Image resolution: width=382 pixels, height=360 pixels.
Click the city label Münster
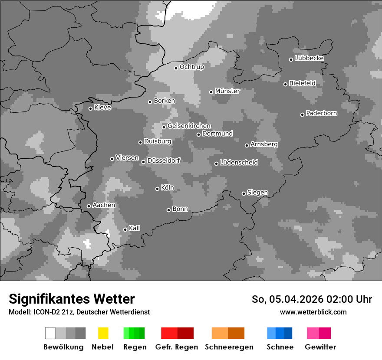click(x=227, y=91)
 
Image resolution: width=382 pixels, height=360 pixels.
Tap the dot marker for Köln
click(x=158, y=189)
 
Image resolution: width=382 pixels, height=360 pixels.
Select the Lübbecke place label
click(x=310, y=58)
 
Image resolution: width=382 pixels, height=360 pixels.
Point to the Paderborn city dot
click(x=303, y=115)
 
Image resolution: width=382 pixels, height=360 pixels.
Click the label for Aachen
click(x=104, y=205)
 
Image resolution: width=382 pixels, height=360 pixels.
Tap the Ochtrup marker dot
click(x=176, y=68)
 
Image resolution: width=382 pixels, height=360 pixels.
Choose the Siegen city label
click(x=257, y=193)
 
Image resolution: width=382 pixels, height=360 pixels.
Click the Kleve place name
click(x=102, y=108)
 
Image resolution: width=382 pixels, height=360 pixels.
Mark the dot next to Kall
click(x=125, y=229)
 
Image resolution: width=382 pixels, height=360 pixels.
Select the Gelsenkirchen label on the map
click(x=189, y=126)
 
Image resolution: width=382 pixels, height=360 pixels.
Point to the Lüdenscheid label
click(x=239, y=163)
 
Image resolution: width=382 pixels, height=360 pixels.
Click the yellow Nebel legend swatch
click(x=103, y=333)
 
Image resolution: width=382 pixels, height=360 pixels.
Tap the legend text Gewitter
click(x=320, y=347)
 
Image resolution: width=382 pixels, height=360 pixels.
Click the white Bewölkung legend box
click(x=50, y=333)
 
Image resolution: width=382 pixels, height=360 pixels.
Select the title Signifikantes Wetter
click(x=72, y=299)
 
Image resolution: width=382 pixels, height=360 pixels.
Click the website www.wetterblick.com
click(x=313, y=312)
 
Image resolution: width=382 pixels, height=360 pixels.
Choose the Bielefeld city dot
click(x=286, y=84)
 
